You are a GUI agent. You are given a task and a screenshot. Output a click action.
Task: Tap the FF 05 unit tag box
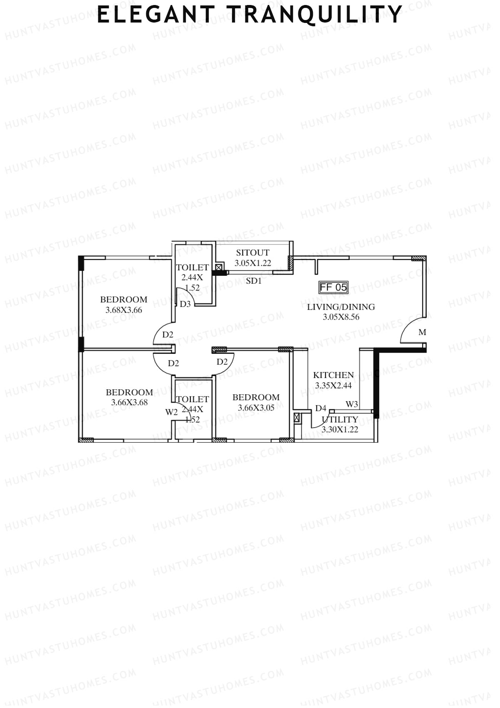pyautogui.click(x=333, y=287)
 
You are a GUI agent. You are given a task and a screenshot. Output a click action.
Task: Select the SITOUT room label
pyautogui.click(x=252, y=252)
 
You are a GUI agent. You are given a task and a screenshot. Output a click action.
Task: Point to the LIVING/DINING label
pyautogui.click(x=341, y=307)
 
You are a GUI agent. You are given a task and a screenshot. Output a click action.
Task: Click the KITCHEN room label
pyautogui.click(x=333, y=375)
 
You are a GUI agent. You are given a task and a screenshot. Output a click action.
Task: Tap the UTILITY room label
pyautogui.click(x=340, y=419)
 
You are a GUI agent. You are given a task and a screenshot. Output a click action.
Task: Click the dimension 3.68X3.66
pyautogui.click(x=124, y=310)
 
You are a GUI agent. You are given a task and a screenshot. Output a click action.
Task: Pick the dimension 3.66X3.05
pyautogui.click(x=256, y=408)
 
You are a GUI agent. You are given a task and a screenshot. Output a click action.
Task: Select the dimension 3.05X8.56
pyautogui.click(x=341, y=317)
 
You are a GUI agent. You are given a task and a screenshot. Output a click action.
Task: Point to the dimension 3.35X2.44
pyautogui.click(x=333, y=385)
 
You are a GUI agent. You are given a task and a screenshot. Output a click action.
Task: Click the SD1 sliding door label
pyautogui.click(x=254, y=281)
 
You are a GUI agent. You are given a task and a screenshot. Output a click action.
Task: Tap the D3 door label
pyautogui.click(x=185, y=304)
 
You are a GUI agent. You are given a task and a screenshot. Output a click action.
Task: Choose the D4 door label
pyautogui.click(x=320, y=408)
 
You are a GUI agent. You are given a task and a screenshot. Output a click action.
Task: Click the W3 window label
pyautogui.click(x=352, y=404)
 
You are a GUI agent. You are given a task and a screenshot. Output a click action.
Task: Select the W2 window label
pyautogui.click(x=171, y=412)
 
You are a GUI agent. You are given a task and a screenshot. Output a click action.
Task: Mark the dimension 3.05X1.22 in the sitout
pyautogui.click(x=252, y=263)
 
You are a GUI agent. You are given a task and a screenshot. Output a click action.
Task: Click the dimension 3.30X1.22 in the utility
pyautogui.click(x=340, y=429)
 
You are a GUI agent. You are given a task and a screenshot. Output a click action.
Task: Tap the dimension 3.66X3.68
pyautogui.click(x=129, y=403)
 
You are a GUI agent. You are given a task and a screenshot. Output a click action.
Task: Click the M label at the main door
pyautogui.click(x=422, y=333)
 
